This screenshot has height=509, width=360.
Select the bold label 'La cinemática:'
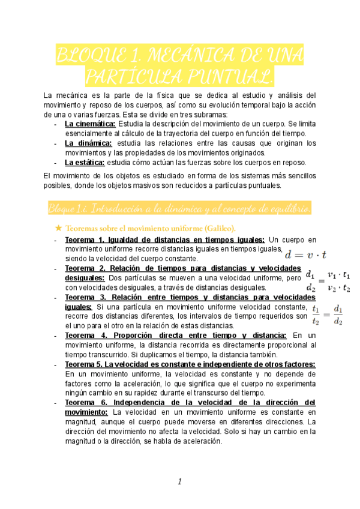coord(90,124)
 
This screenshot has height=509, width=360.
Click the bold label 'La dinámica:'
coord(88,143)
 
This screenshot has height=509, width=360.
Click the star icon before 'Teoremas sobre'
coord(58,228)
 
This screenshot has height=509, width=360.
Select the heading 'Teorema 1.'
coord(85,240)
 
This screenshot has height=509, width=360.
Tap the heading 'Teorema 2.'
coord(85,268)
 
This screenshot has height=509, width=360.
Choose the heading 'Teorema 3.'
coord(85,297)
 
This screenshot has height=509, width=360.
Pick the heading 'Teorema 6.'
coord(85,402)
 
